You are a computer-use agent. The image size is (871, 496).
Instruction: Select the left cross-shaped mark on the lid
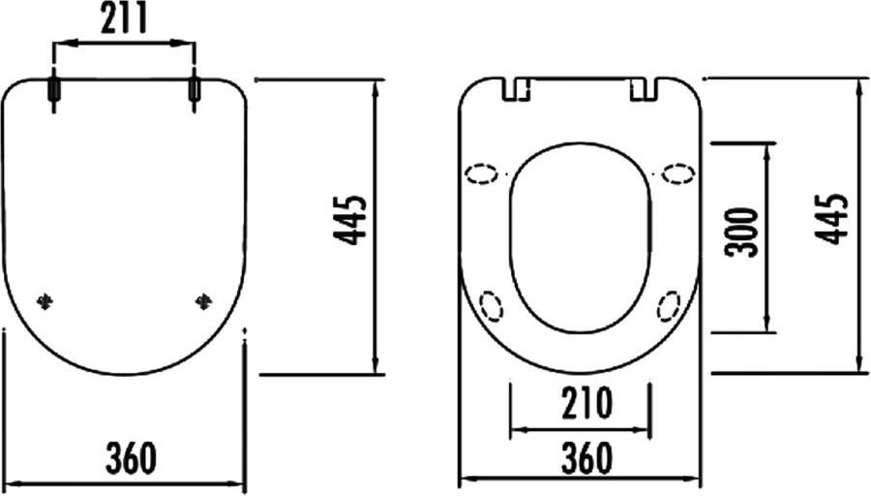click(x=45, y=301)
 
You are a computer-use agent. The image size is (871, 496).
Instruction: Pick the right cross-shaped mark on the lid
click(x=203, y=301)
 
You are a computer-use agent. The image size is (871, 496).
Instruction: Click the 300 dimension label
click(x=743, y=231)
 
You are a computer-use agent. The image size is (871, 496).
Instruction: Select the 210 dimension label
click(x=581, y=403)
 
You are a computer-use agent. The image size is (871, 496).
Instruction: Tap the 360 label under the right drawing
click(x=581, y=458)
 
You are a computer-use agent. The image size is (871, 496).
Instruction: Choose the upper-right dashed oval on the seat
click(x=677, y=174)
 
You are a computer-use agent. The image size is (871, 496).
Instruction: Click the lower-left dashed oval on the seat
click(x=492, y=307)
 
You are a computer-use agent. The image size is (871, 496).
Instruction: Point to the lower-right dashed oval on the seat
click(x=668, y=307)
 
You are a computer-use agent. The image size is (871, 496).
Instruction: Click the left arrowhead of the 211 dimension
click(x=58, y=43)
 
